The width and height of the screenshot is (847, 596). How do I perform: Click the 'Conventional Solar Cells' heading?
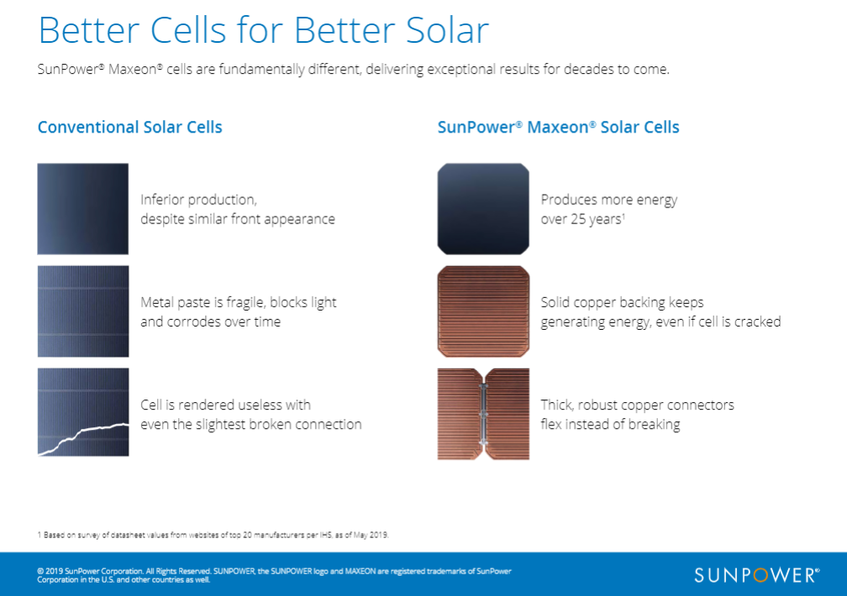(x=129, y=128)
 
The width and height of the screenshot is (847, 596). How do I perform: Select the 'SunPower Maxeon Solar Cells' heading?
(x=558, y=128)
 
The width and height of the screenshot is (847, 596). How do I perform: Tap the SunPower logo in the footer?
(x=757, y=575)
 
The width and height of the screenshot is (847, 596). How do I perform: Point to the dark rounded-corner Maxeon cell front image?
(x=483, y=209)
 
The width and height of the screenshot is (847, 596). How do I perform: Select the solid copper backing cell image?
(x=483, y=311)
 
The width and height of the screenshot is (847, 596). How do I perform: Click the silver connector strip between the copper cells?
(x=483, y=414)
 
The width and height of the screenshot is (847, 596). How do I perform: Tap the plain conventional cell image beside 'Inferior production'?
(x=82, y=209)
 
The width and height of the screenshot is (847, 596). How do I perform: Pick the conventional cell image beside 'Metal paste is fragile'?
(x=82, y=311)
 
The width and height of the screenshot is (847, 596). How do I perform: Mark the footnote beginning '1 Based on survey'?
(x=213, y=535)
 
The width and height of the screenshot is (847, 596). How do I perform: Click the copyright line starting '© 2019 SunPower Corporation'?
(x=274, y=575)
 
